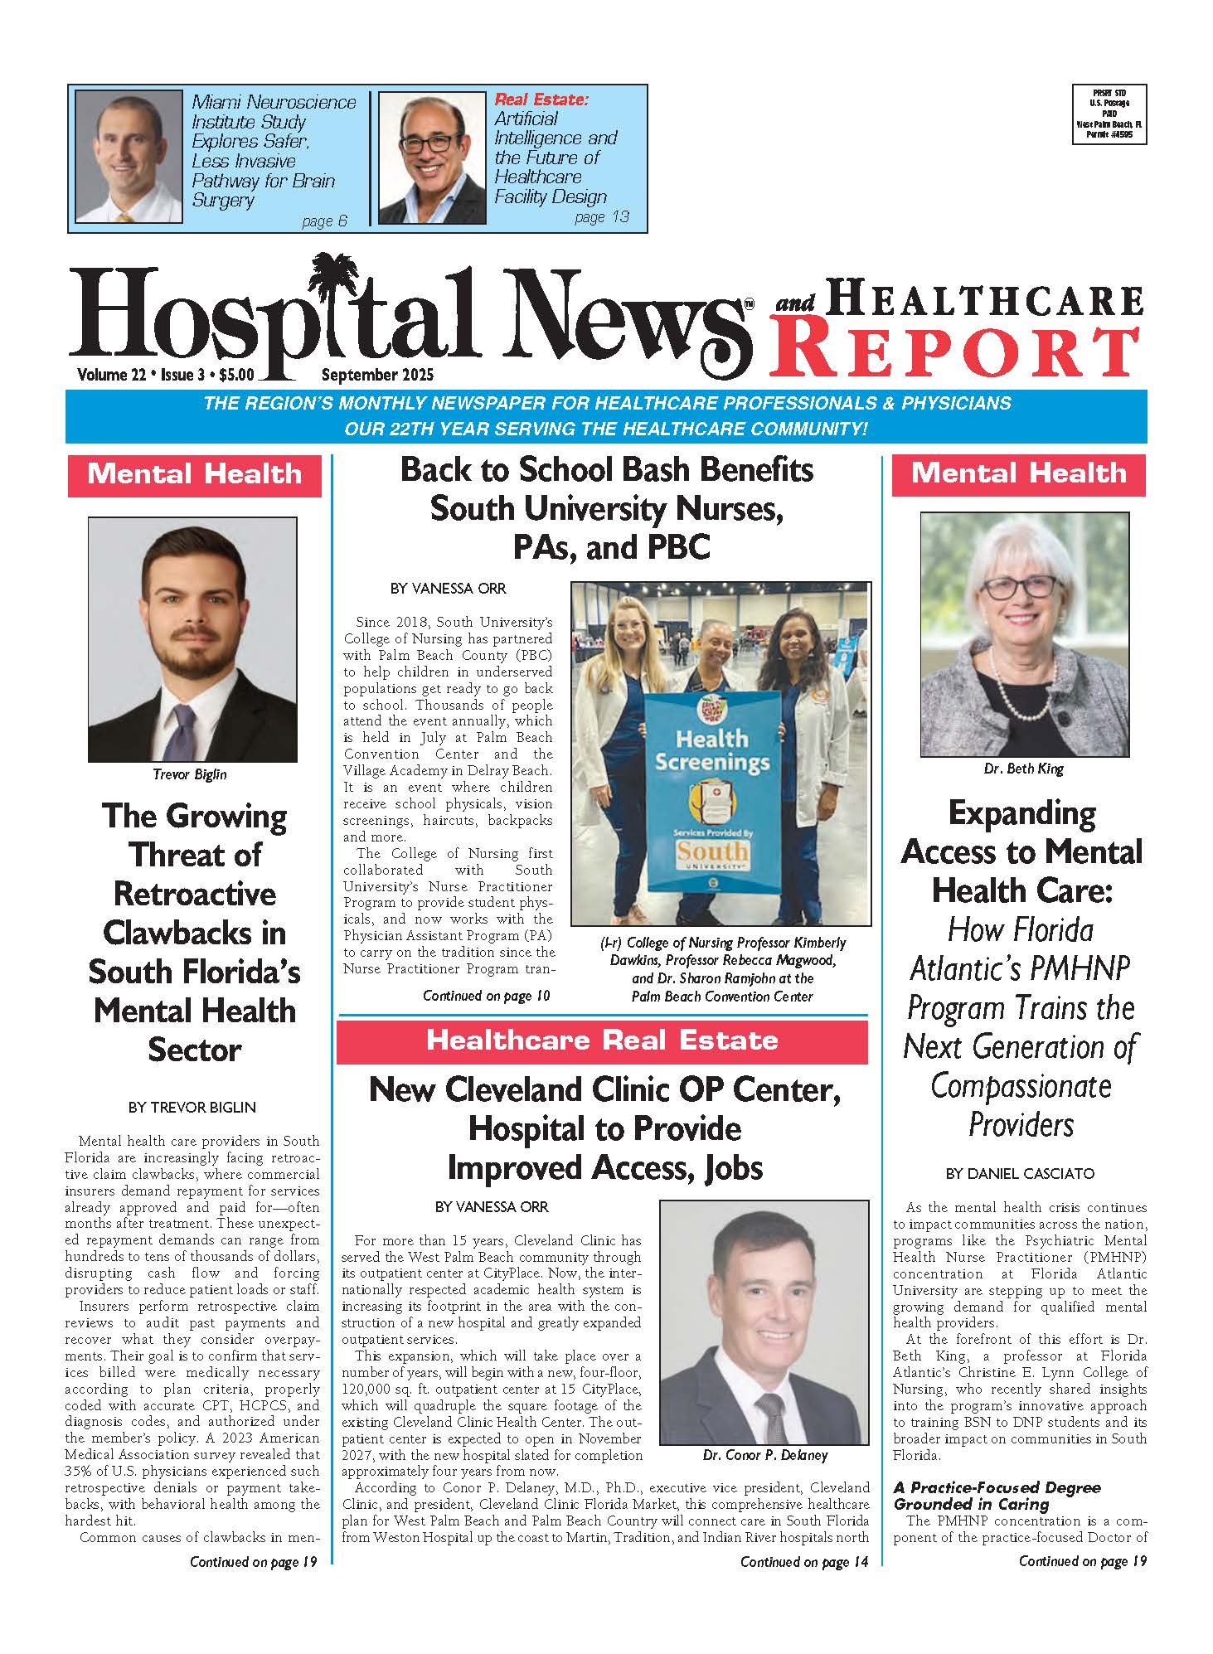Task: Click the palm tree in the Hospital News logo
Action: pyautogui.click(x=336, y=286)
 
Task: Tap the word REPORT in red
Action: pyautogui.click(x=957, y=352)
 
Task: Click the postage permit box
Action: pyautogui.click(x=1109, y=114)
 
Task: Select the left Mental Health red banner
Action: pyautogui.click(x=194, y=475)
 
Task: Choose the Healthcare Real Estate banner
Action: pyautogui.click(x=602, y=1041)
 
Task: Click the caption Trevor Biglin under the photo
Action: pyautogui.click(x=190, y=774)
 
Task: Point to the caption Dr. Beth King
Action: pyautogui.click(x=1023, y=769)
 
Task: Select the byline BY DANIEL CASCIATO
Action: pyautogui.click(x=1020, y=1173)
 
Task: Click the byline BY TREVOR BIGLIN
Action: pyautogui.click(x=192, y=1107)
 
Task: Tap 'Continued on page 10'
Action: pyautogui.click(x=486, y=996)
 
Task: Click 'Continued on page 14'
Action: pyautogui.click(x=804, y=1562)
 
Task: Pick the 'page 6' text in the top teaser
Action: pyautogui.click(x=324, y=221)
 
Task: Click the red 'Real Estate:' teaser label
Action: pyautogui.click(x=541, y=99)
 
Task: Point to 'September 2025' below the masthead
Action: pyautogui.click(x=377, y=375)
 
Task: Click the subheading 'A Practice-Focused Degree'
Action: pyautogui.click(x=997, y=1487)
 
